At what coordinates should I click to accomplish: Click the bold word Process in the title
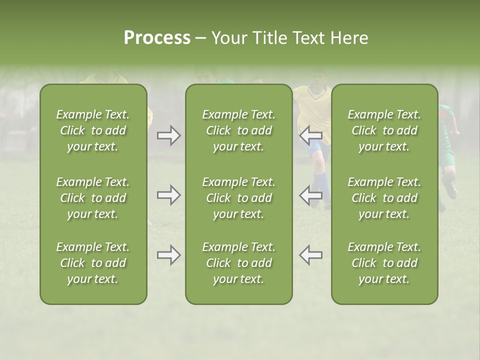157,38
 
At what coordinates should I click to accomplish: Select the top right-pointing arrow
168,135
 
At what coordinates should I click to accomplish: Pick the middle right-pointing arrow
168,195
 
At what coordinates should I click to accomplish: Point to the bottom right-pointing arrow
168,255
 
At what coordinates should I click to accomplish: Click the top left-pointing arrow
310,135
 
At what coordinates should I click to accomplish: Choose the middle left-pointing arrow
310,195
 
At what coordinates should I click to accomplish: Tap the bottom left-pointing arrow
310,255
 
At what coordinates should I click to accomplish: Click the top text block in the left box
93,130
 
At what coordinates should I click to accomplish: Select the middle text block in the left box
93,198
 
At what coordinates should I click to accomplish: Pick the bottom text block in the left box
93,263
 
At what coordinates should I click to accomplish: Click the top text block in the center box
238,130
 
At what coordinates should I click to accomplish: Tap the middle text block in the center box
238,198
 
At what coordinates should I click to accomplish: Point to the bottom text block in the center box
238,263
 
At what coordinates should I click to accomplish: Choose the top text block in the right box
384,130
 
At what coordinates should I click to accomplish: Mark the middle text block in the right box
384,198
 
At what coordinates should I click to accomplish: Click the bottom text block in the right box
384,263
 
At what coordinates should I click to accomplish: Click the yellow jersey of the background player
312,107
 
